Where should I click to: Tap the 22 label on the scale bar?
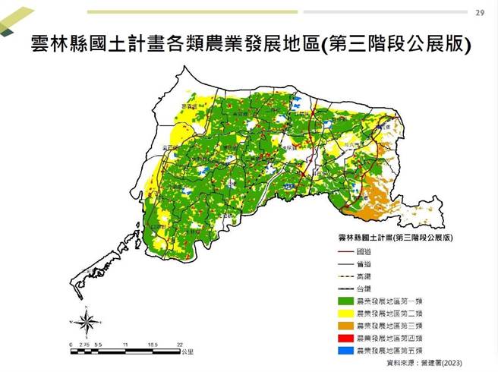tap(180, 345)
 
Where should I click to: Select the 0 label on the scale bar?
tap(71, 345)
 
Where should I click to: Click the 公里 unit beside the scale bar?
tap(188, 352)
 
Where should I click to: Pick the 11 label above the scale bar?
tap(125, 345)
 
